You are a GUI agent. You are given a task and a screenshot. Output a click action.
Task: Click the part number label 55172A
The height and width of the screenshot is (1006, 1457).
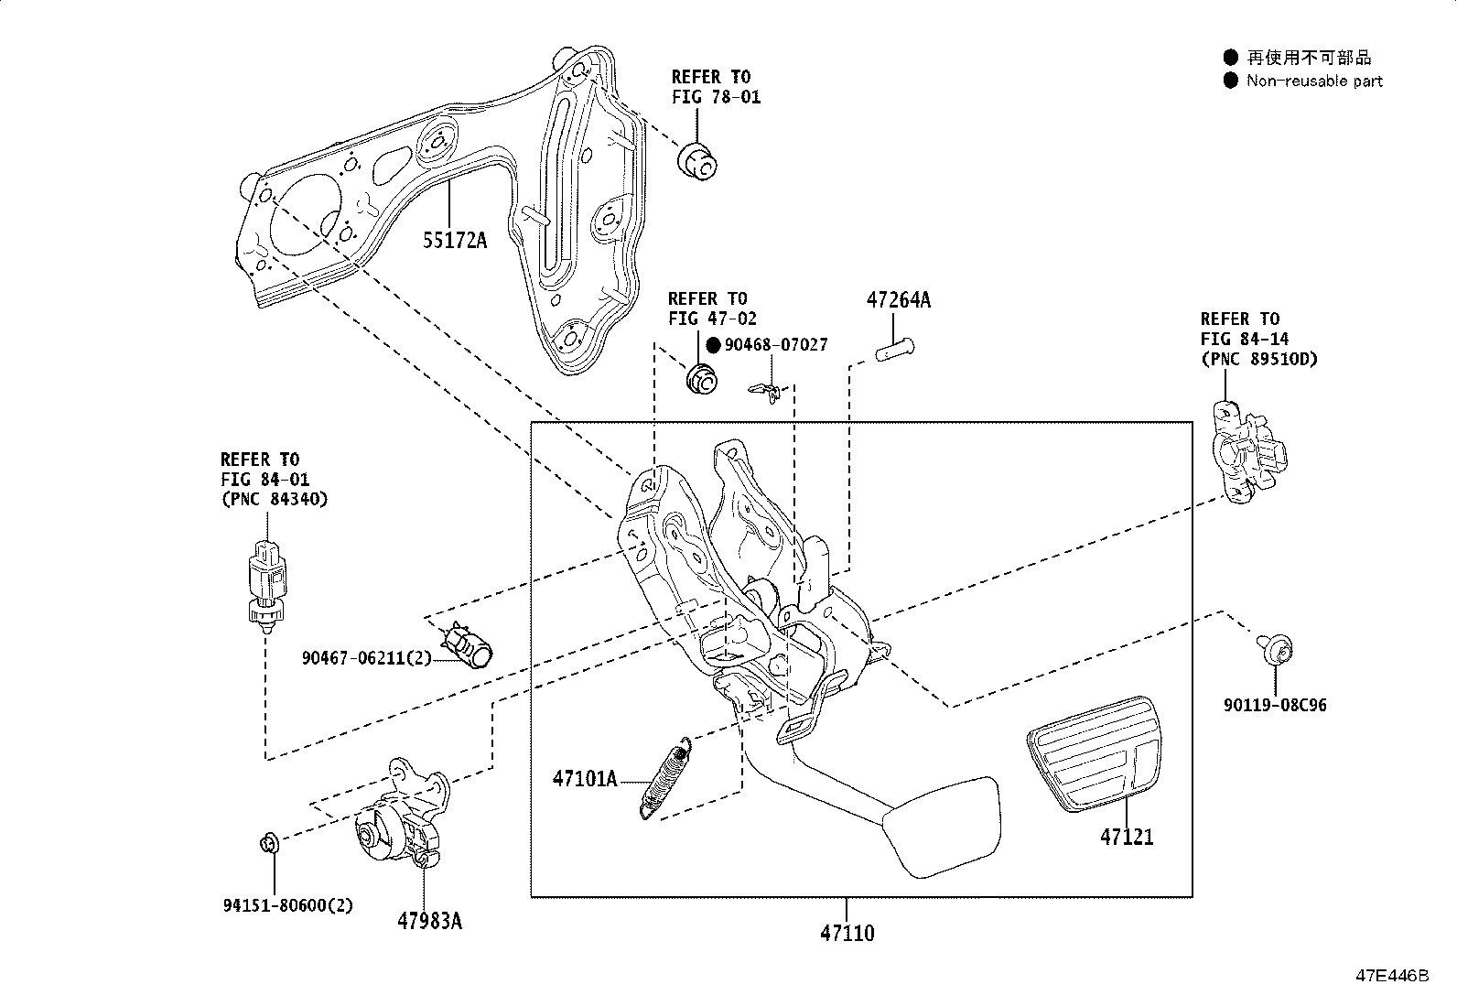tap(454, 241)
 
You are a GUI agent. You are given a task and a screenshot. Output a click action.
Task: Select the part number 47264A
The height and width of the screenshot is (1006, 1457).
tap(898, 300)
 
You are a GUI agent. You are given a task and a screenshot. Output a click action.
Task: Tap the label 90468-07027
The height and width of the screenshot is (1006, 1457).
tap(776, 345)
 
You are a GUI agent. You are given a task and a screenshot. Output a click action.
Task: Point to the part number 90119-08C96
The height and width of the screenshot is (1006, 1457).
tap(1275, 706)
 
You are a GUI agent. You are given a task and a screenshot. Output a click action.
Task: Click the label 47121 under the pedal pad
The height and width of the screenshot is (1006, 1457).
tap(1127, 837)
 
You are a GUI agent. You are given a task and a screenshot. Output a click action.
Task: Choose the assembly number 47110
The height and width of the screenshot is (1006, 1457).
tap(847, 934)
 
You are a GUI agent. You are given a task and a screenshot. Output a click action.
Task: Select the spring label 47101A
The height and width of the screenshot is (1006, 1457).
tap(584, 779)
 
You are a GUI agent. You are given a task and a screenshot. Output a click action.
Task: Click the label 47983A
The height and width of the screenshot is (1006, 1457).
tap(429, 921)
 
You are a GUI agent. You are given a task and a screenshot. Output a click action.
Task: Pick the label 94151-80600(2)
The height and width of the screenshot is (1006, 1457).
tap(287, 905)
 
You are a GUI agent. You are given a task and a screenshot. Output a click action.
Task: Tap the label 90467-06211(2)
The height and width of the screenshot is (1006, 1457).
tap(366, 658)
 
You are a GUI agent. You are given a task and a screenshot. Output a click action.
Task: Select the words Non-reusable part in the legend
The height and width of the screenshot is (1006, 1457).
tap(1314, 81)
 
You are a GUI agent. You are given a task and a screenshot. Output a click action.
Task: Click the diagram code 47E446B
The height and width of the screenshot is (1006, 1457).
tap(1391, 976)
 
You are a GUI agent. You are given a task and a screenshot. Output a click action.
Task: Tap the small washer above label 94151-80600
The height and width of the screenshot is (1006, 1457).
tap(270, 839)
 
